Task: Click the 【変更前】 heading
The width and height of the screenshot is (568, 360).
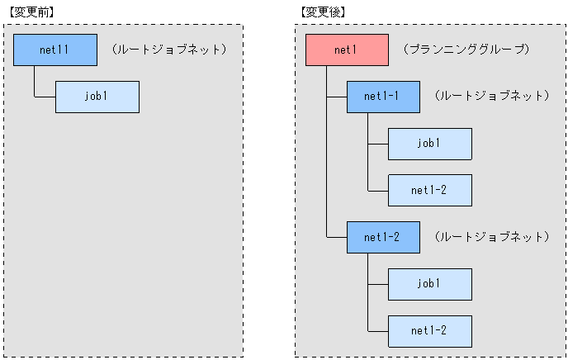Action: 30,12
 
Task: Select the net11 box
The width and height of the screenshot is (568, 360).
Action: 55,50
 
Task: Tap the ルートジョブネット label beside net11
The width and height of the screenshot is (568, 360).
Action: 168,50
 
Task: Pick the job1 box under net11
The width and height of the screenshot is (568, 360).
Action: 97,97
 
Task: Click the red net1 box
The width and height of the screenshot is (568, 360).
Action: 346,50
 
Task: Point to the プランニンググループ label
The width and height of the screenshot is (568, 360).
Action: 466,50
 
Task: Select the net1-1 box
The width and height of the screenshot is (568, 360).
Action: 382,97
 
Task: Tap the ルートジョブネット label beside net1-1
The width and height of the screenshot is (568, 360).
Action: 490,97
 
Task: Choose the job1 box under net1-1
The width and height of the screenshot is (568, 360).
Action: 429,144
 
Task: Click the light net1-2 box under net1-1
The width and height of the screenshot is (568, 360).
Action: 429,190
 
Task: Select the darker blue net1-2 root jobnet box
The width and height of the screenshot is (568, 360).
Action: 382,237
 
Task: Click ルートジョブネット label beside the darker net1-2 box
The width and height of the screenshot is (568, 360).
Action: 490,237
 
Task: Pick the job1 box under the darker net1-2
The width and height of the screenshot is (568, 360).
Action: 429,284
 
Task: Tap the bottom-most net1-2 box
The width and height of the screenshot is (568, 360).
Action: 429,330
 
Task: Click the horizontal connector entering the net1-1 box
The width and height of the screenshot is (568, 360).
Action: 336,97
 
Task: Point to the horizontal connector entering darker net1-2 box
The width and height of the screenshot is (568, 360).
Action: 336,237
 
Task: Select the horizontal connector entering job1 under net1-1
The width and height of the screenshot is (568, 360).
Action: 377,144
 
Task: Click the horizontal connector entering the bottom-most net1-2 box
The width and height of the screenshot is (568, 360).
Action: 377,330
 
